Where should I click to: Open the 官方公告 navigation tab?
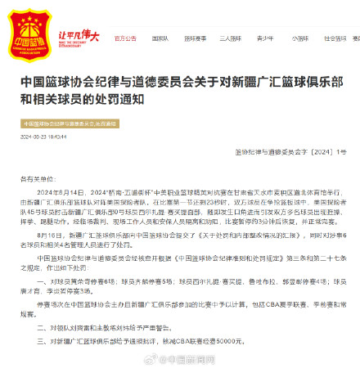pyautogui.click(x=125, y=38)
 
